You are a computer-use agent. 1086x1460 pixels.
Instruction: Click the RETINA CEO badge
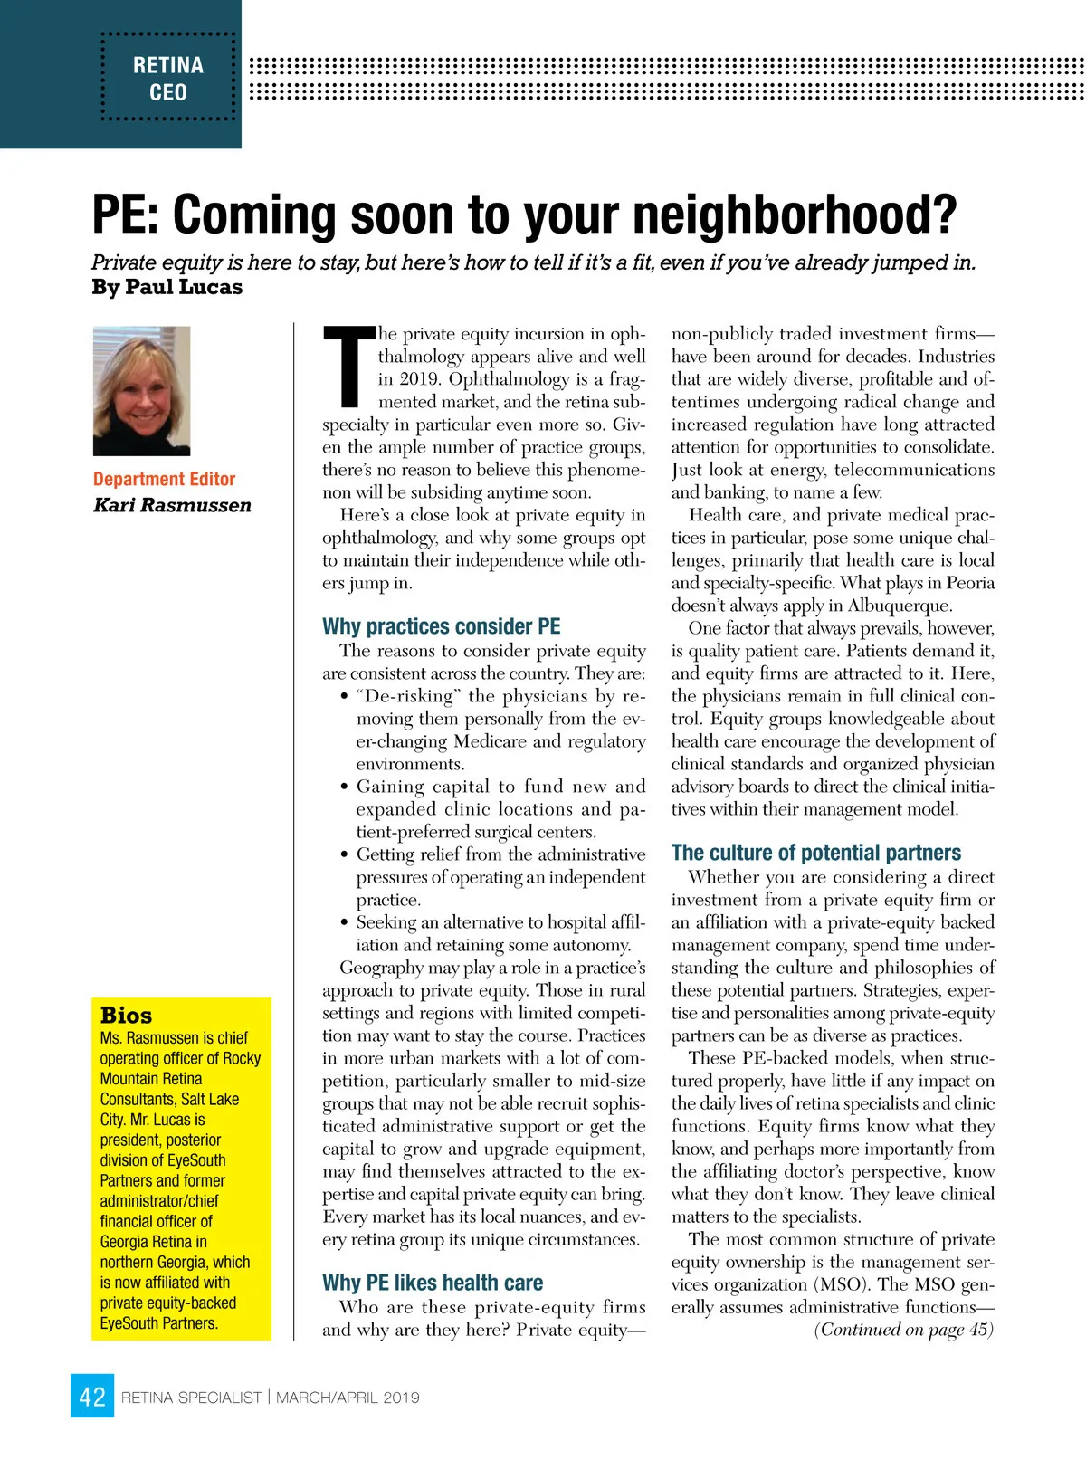[x=168, y=78]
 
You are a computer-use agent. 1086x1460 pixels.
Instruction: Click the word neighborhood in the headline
[x=795, y=215]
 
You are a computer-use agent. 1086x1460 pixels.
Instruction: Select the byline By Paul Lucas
[x=167, y=288]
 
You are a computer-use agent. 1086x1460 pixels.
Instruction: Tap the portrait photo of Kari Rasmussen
[x=142, y=391]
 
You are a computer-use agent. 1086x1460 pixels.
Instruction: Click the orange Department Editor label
[x=164, y=479]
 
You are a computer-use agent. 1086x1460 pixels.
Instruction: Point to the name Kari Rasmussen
[x=172, y=505]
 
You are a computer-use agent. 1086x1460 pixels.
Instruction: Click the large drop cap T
[x=348, y=366]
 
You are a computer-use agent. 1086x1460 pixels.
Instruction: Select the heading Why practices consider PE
[x=442, y=626]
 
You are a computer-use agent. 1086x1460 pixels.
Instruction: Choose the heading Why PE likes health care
[x=433, y=1283]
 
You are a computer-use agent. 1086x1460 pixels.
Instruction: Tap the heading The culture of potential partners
[x=815, y=853]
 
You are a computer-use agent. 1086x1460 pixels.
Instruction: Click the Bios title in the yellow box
[x=127, y=1015]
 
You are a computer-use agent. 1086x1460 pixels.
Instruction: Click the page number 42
[x=92, y=1397]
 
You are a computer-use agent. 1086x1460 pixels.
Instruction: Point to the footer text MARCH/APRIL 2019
[x=348, y=1398]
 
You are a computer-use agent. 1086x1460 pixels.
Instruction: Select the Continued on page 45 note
[x=903, y=1330]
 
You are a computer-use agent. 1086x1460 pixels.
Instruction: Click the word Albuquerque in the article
[x=900, y=606]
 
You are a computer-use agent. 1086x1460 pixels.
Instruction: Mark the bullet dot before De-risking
[x=345, y=697]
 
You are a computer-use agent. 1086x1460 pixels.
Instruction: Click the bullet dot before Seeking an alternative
[x=345, y=923]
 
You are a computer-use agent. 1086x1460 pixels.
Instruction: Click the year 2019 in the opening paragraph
[x=419, y=379]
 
